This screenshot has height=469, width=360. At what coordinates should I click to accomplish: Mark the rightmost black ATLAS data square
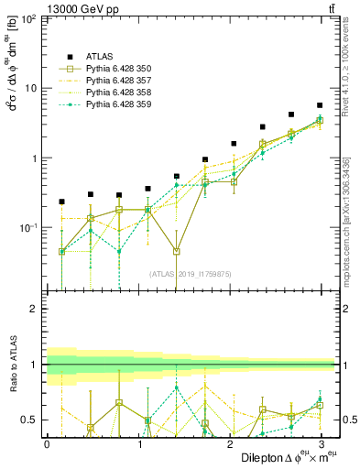coord(319,105)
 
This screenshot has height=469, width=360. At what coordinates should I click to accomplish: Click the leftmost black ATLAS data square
coord(61,202)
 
